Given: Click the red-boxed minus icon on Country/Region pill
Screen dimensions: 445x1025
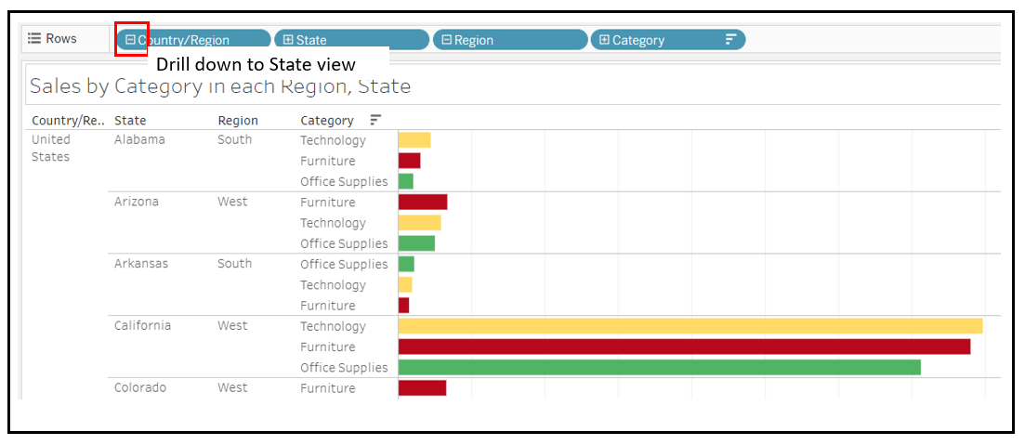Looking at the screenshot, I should [x=131, y=40].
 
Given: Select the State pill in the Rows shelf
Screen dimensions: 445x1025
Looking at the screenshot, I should [x=351, y=40].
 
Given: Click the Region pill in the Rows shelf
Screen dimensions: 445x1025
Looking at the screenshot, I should [x=509, y=40].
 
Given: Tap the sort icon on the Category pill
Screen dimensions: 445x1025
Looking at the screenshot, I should [x=730, y=39].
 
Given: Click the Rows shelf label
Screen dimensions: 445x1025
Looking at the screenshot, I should [x=53, y=38].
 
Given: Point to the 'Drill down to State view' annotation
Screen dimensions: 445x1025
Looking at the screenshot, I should [x=256, y=64].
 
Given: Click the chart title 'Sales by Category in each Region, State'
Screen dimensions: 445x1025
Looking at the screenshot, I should [x=220, y=86].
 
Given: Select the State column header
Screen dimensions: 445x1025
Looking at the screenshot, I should [x=130, y=120].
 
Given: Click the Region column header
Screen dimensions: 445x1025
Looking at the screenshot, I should [x=238, y=120].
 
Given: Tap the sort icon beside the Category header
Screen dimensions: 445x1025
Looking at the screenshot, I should [x=375, y=120].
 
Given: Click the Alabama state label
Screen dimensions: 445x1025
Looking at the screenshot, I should [x=139, y=139].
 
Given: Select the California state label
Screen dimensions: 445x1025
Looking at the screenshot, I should [x=142, y=325].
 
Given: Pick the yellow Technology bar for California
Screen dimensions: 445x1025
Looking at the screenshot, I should [x=690, y=326].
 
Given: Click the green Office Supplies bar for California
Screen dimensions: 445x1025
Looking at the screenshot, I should [x=659, y=367].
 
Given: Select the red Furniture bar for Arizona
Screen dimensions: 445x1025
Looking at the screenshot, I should [x=422, y=202].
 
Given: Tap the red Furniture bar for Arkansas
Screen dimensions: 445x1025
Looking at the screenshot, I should [x=403, y=305].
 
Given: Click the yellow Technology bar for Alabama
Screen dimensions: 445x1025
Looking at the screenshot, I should [x=414, y=140].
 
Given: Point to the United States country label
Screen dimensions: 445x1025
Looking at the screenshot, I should [x=51, y=148].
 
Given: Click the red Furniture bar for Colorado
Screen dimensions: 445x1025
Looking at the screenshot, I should [x=422, y=387].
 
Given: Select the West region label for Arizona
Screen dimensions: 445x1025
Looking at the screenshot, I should [x=232, y=202].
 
